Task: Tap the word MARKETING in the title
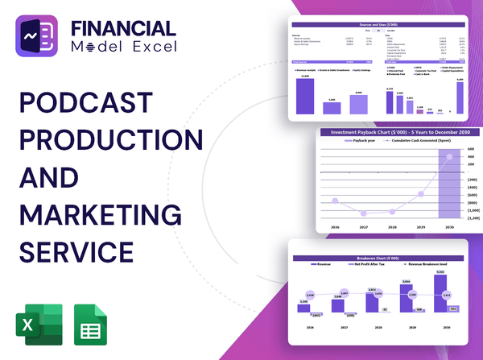[101, 216]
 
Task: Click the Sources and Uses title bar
[378, 26]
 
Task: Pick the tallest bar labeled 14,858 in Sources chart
[305, 96]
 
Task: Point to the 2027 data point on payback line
[365, 213]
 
